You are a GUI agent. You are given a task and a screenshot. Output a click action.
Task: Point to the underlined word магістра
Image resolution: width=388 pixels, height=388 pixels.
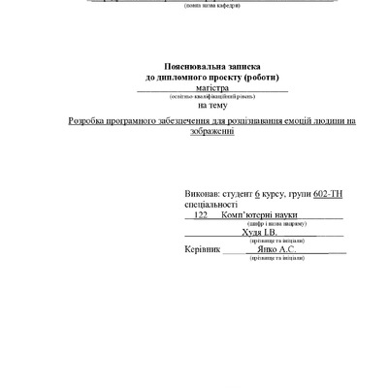point(201,86)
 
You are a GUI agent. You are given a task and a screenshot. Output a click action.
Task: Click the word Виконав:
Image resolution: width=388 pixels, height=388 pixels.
point(203,195)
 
